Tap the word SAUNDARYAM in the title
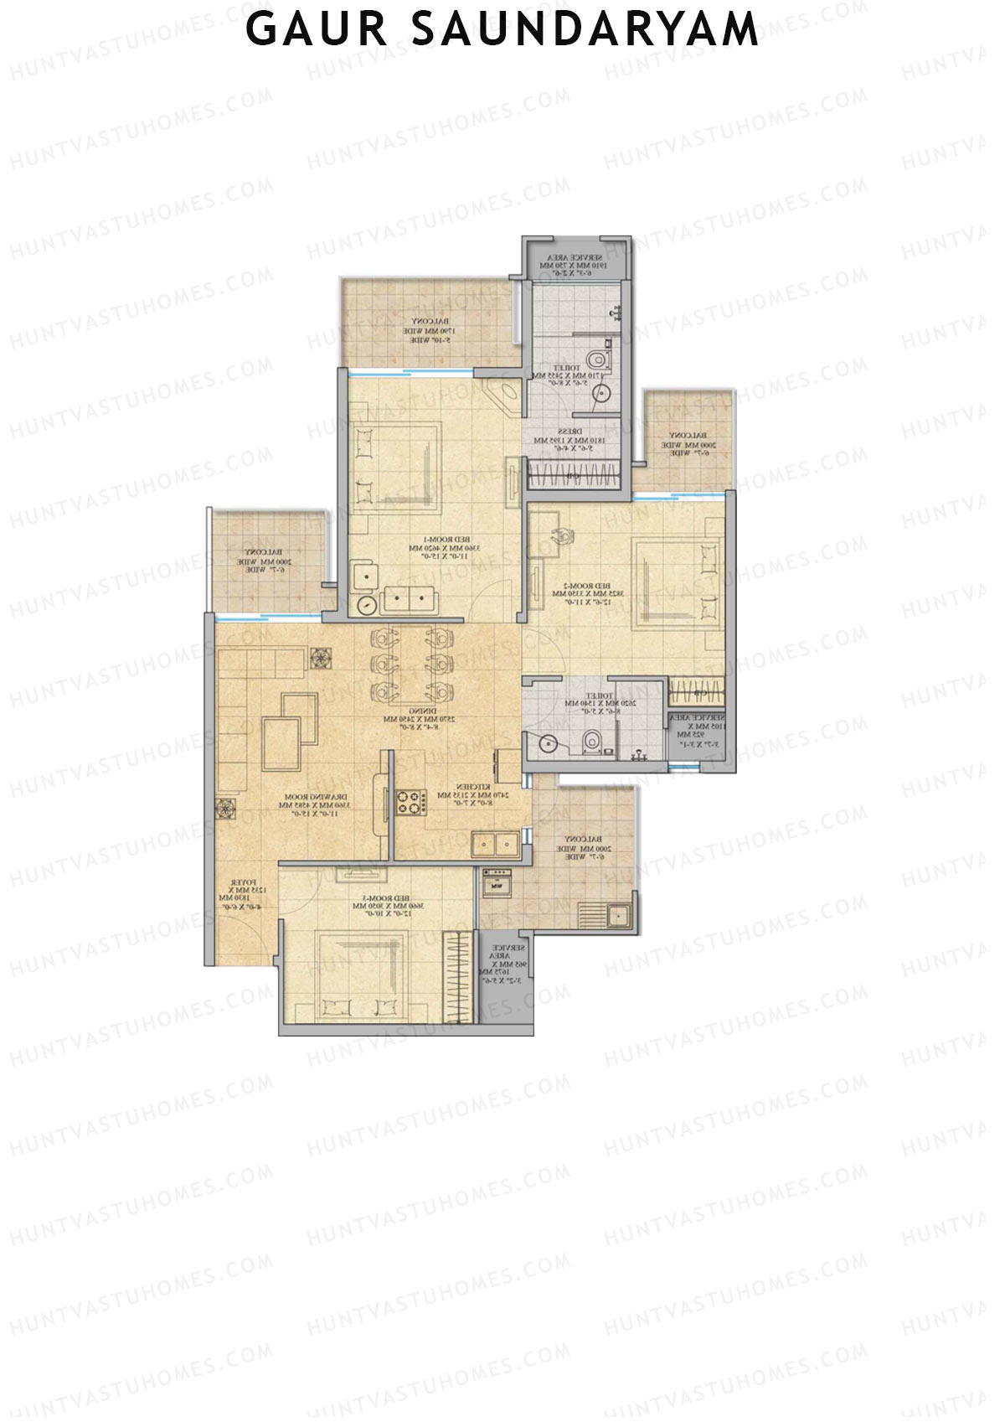pyautogui.click(x=585, y=29)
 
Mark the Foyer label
pyautogui.click(x=242, y=890)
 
